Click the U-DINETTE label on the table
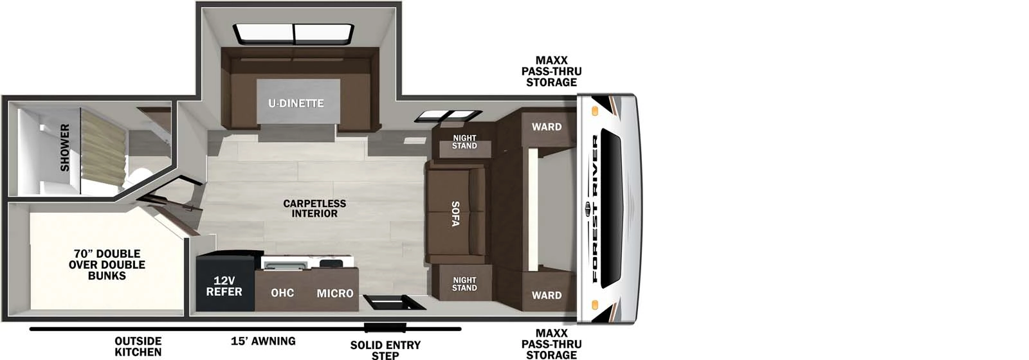(x=296, y=103)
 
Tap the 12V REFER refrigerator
(x=224, y=286)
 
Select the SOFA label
(x=455, y=214)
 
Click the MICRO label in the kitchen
(x=334, y=293)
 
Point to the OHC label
(x=282, y=293)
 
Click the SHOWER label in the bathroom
(x=65, y=148)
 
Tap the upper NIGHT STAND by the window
(x=464, y=142)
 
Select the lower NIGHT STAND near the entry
(x=464, y=283)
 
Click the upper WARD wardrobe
(x=546, y=127)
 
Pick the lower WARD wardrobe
(x=546, y=295)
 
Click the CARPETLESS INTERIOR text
(x=314, y=208)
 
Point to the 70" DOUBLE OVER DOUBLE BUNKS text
(x=107, y=264)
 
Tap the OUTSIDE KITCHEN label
(x=138, y=346)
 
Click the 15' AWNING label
(x=263, y=341)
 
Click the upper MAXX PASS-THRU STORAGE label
(x=551, y=71)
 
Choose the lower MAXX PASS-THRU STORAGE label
(x=551, y=344)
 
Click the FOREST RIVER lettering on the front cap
(x=595, y=209)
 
